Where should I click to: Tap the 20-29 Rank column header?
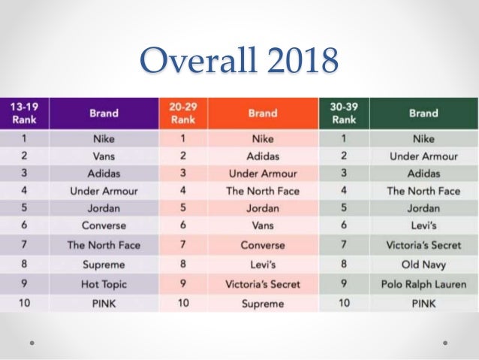[182, 113]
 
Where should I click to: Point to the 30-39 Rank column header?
[343, 113]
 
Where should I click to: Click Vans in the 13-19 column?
[104, 157]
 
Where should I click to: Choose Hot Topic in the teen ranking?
[104, 285]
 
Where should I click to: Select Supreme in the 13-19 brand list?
[104, 265]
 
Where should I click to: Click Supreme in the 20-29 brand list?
[263, 304]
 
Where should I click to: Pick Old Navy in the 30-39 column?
[423, 265]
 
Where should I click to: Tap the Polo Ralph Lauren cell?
[423, 285]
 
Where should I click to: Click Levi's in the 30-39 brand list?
[423, 225]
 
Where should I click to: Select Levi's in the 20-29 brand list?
[263, 265]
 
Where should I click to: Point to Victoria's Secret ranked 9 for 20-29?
[263, 285]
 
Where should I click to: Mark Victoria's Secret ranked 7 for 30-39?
[423, 245]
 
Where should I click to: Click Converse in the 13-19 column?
[104, 225]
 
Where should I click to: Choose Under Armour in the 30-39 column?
[423, 157]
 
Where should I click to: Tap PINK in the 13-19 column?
[104, 304]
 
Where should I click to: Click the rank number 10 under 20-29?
[182, 304]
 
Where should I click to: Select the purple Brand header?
[104, 113]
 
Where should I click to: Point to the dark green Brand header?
[423, 113]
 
